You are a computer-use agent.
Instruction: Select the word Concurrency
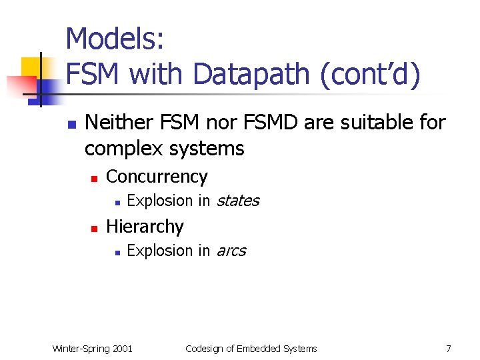(157, 177)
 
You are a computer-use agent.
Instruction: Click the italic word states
(237, 201)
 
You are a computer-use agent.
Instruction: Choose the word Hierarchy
(145, 227)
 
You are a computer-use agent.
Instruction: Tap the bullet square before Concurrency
(95, 178)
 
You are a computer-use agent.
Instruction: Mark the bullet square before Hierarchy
(95, 228)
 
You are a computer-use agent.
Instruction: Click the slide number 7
(448, 349)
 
